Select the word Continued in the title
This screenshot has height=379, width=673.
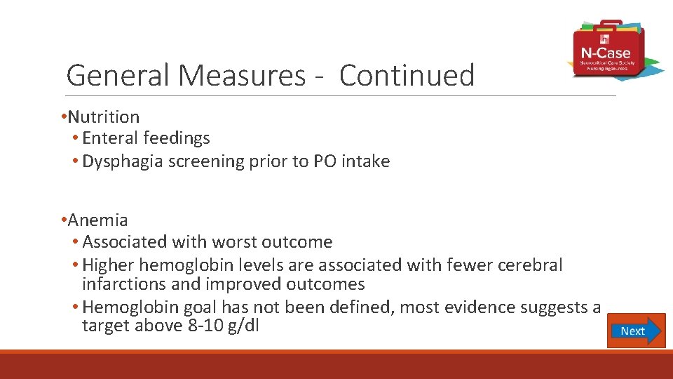coord(407,75)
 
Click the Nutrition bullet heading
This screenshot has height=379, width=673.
coord(103,117)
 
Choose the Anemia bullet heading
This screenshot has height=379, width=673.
coord(97,220)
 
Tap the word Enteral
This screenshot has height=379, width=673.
coord(110,138)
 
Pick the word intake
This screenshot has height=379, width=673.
coord(365,161)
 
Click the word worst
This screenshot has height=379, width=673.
coord(231,242)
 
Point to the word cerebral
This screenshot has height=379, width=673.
coord(530,265)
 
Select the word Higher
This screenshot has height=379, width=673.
coord(109,265)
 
